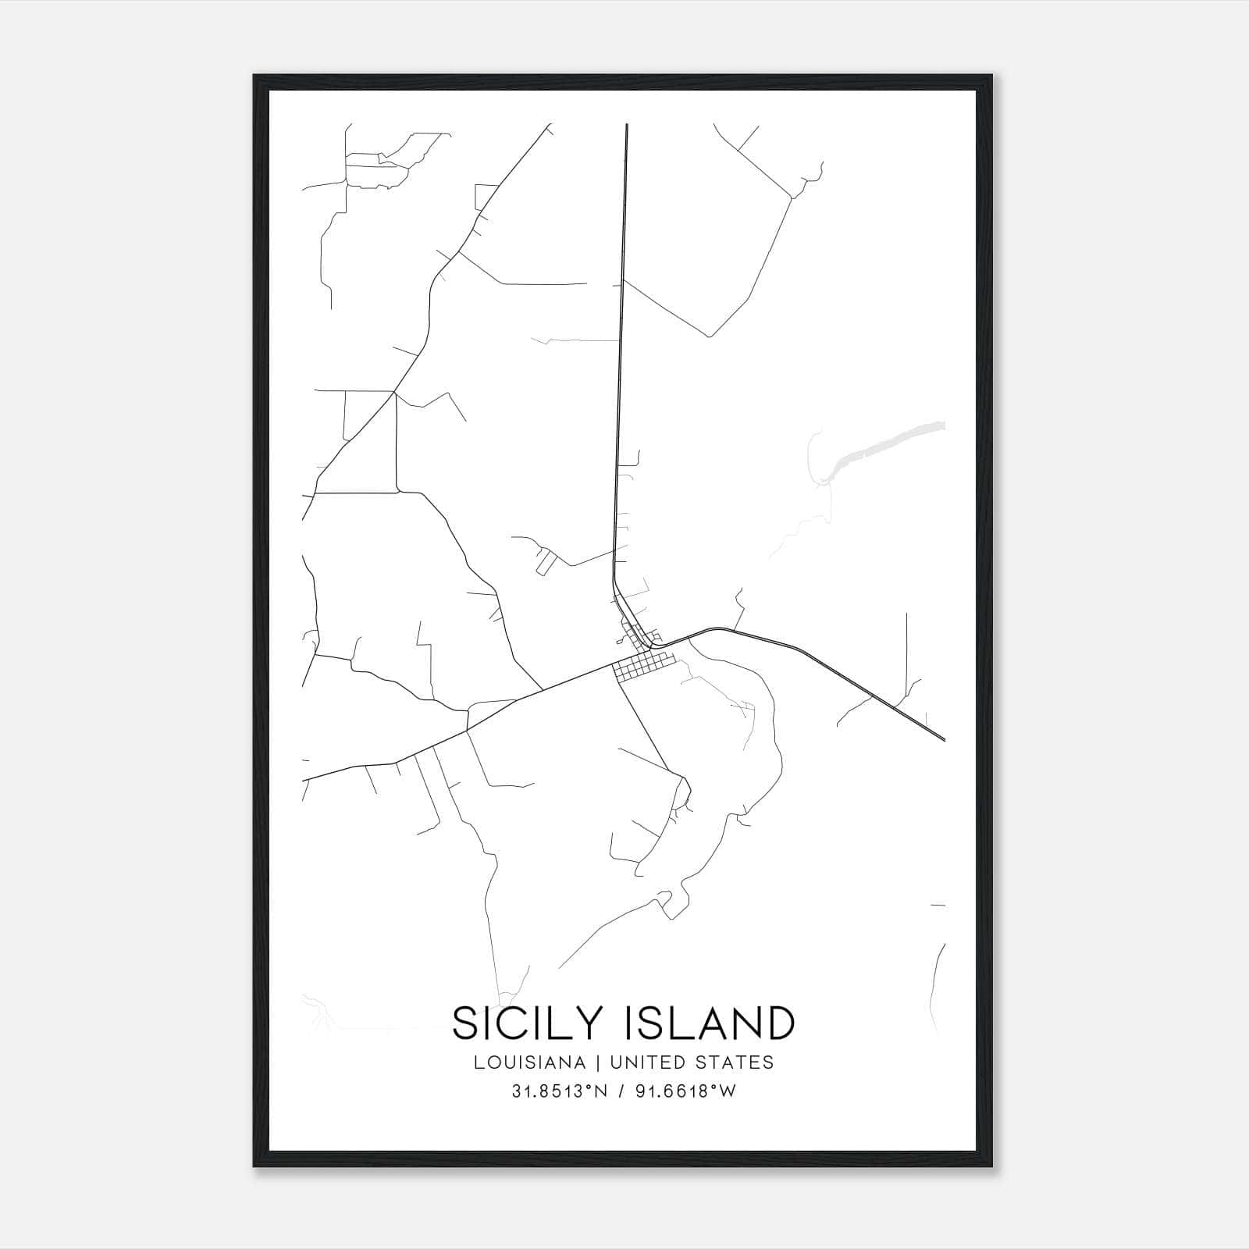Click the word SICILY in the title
[532, 1023]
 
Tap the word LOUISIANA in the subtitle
[528, 1062]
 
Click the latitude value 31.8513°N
[559, 1092]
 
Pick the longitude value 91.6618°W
[685, 1092]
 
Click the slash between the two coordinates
[621, 1092]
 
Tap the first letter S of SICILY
[466, 1023]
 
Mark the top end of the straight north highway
[627, 125]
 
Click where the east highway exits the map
[944, 738]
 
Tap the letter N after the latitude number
[601, 1092]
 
